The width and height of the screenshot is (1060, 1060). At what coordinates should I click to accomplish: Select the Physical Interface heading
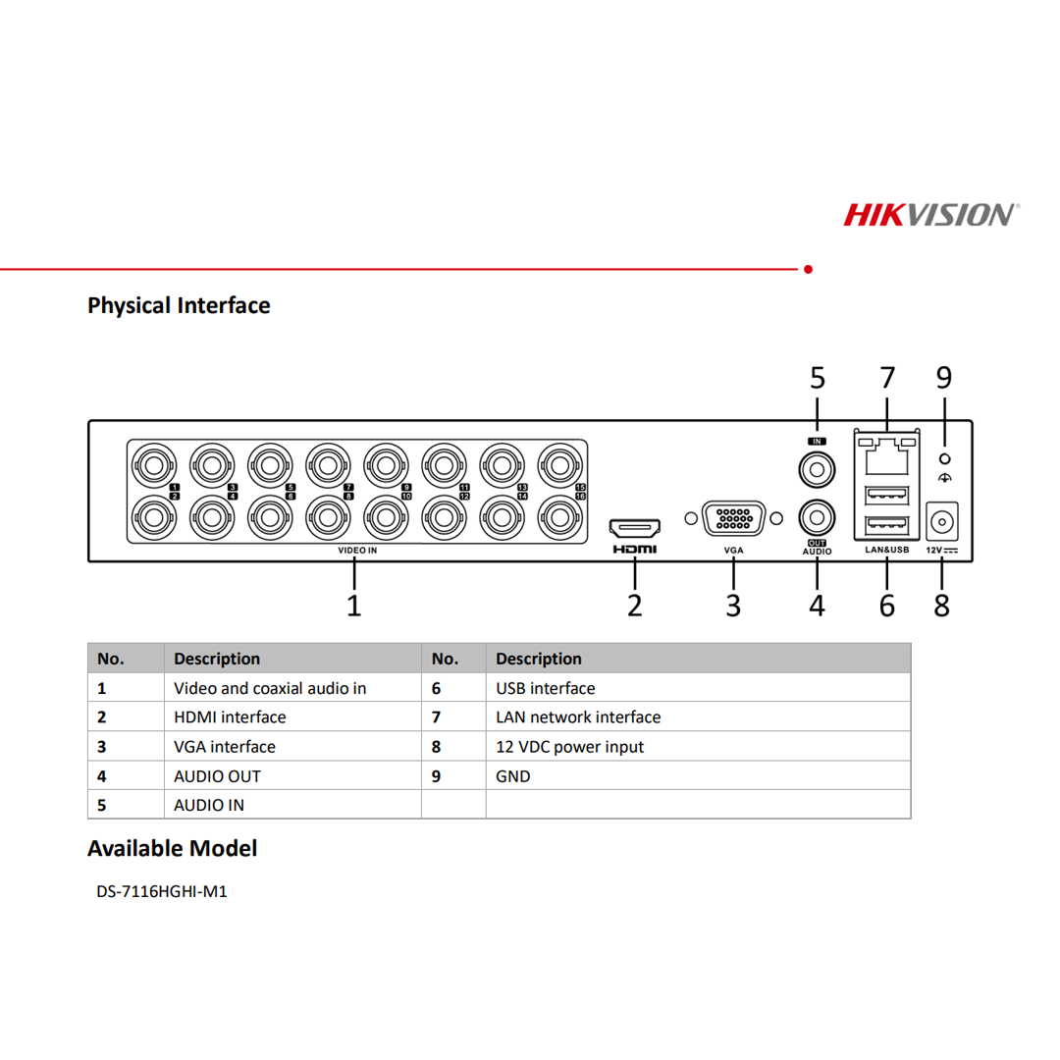point(179,305)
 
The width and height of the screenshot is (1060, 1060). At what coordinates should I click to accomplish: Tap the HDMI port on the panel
point(635,527)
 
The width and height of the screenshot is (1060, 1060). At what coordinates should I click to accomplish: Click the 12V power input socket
point(942,519)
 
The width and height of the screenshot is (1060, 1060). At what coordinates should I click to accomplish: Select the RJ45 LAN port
point(886,453)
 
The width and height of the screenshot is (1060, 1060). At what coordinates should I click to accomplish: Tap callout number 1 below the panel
point(354,604)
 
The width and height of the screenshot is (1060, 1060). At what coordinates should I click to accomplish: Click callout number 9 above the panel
point(943,377)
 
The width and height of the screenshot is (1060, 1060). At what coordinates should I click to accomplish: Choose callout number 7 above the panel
point(887,377)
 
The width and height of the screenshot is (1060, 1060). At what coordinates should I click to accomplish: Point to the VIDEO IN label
point(357,552)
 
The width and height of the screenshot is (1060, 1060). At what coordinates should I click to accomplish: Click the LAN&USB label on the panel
point(886,551)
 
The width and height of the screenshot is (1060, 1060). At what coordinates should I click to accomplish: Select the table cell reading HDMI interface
point(230,717)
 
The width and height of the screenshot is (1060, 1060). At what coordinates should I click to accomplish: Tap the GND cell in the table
point(513,776)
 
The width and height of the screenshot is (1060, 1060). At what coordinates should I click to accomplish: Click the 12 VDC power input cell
point(570,747)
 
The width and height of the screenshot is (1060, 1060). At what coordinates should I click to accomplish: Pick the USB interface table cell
point(546,689)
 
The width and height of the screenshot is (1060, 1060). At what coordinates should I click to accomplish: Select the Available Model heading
point(172,848)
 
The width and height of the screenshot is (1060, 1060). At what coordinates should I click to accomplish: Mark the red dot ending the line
point(808,268)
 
